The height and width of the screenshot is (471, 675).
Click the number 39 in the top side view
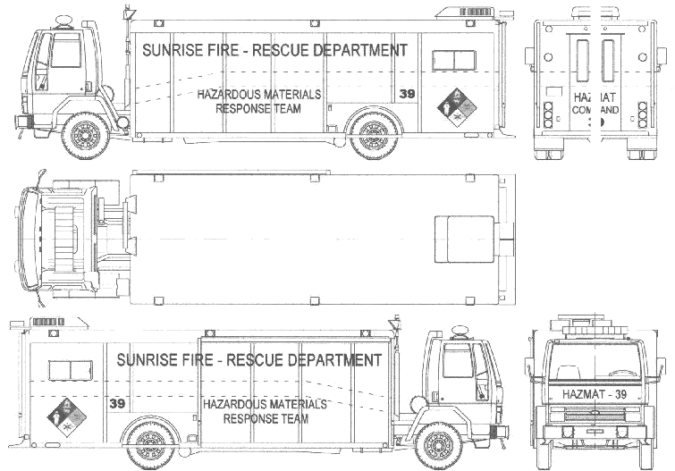pos(407,94)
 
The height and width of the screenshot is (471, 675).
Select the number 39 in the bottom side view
pos(117,403)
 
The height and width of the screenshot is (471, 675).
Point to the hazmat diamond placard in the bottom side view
pos(67,417)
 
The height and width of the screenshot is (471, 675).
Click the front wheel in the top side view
pos(87,135)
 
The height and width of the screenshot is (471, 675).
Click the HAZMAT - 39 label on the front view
pos(595,394)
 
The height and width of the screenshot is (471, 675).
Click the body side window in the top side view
pos(454,60)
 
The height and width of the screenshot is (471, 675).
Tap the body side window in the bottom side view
pos(71,371)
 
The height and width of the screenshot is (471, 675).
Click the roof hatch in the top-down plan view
pos(464,240)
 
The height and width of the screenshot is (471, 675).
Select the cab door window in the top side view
pos(65,51)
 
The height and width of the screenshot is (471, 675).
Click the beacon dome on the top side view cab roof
pos(63,21)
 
